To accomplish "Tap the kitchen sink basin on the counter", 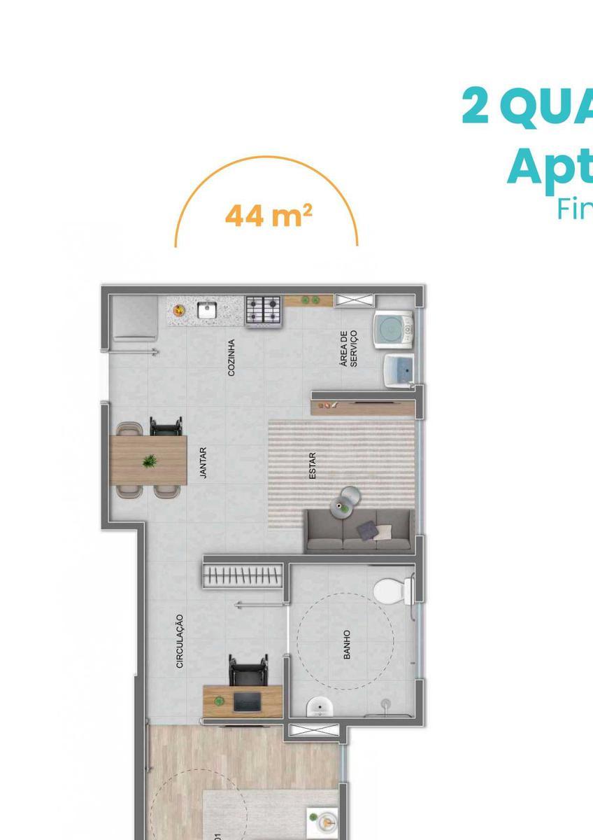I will pyautogui.click(x=207, y=309).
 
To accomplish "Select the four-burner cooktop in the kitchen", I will pyautogui.click(x=263, y=310).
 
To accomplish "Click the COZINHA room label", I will pyautogui.click(x=231, y=358).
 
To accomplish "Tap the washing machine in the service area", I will pyautogui.click(x=393, y=329).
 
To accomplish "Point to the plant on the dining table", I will pyautogui.click(x=149, y=461).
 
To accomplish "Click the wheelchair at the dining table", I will pyautogui.click(x=166, y=426).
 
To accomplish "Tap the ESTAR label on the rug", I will pyautogui.click(x=313, y=465).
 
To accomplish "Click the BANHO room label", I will pyautogui.click(x=347, y=644).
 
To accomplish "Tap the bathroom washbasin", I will pyautogui.click(x=319, y=708).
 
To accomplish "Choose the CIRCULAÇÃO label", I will pyautogui.click(x=180, y=640).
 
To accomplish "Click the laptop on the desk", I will pyautogui.click(x=247, y=701).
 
